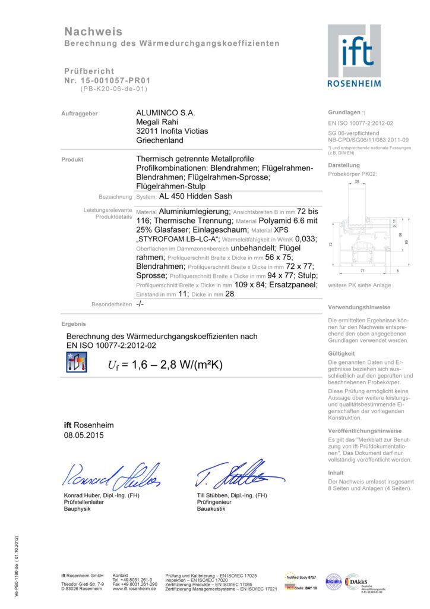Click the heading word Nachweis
[93, 32]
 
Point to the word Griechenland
[160, 140]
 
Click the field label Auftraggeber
[80, 113]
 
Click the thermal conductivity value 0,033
[306, 238]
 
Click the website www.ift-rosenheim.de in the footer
[134, 588]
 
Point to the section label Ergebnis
[74, 324]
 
